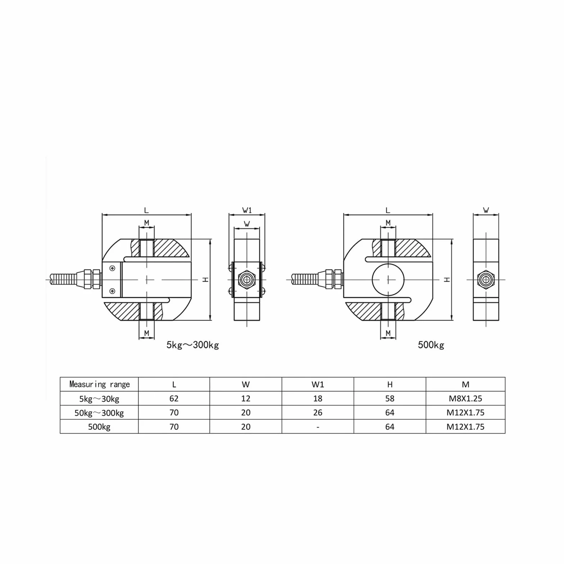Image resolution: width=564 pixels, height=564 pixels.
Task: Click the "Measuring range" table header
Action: pos(99,384)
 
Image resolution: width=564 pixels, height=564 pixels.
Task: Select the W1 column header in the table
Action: pos(318,384)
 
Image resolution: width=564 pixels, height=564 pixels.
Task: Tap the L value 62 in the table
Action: pos(174,399)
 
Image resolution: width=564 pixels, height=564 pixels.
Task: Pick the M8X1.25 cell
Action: pos(465,399)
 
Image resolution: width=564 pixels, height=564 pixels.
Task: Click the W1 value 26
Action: pos(318,413)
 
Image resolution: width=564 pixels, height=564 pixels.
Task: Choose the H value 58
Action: pos(390,399)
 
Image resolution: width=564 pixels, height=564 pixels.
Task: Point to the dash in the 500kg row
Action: pos(318,427)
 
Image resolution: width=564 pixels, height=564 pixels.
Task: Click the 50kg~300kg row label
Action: pos(99,413)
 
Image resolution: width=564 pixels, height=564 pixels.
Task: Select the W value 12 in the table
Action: pos(246,399)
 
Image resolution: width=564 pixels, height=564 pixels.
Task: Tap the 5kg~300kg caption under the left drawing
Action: pos(192,345)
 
